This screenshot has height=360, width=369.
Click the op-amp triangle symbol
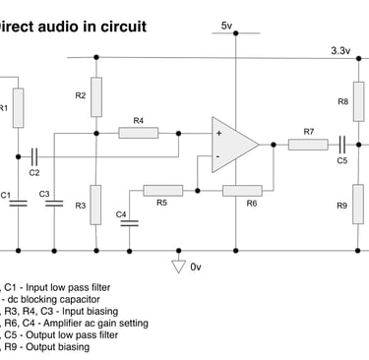click(x=231, y=144)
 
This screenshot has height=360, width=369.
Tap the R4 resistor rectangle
click(x=138, y=132)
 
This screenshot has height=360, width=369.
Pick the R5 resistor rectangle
click(x=161, y=189)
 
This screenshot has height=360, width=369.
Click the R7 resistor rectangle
click(x=308, y=144)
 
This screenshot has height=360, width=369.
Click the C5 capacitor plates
click(x=342, y=144)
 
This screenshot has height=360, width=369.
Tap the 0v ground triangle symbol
click(x=178, y=266)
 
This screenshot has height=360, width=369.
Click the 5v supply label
click(x=227, y=25)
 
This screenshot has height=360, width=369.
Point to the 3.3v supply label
click(x=340, y=49)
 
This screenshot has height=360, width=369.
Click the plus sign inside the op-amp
click(x=218, y=132)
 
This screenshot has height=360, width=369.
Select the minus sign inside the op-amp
click(x=218, y=155)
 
